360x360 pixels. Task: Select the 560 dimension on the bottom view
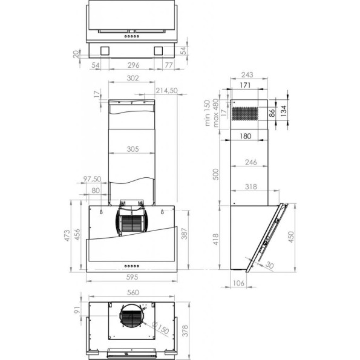(133, 293)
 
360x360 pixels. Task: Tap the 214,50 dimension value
(166, 91)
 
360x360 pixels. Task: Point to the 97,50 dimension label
(92, 180)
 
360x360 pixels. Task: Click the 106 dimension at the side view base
(240, 283)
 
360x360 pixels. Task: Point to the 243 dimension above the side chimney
(246, 75)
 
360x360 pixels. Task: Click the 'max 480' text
(214, 113)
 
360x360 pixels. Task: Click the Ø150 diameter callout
(160, 330)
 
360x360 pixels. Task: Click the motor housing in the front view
(133, 221)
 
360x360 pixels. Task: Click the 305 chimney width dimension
(133, 149)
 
